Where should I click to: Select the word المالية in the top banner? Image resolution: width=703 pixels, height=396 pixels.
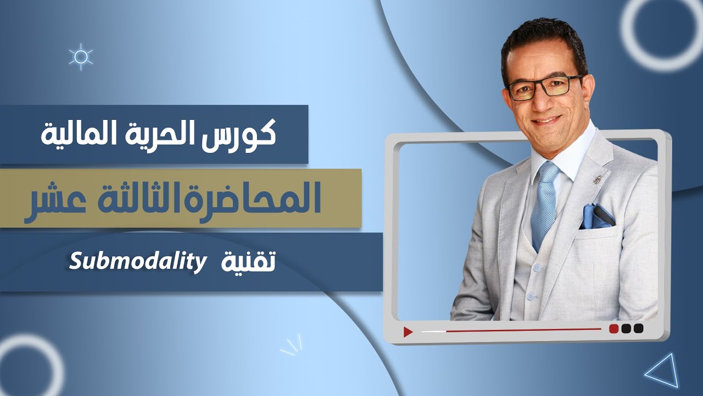[x=75, y=135]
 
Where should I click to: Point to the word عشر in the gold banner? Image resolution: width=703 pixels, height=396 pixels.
[x=55, y=200]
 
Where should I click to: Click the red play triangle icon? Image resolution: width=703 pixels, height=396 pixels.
[x=408, y=332]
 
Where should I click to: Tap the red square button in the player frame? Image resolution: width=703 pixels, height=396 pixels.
[x=614, y=328]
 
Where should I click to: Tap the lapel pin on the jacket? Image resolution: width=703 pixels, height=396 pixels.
[x=598, y=179]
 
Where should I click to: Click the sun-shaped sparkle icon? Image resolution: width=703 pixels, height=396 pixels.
[x=81, y=57]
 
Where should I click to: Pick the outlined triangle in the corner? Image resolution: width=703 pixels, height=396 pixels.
[x=663, y=372]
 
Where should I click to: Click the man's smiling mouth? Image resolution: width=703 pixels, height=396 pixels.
[x=546, y=119]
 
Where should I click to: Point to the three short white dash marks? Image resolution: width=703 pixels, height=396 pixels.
[x=292, y=345]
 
